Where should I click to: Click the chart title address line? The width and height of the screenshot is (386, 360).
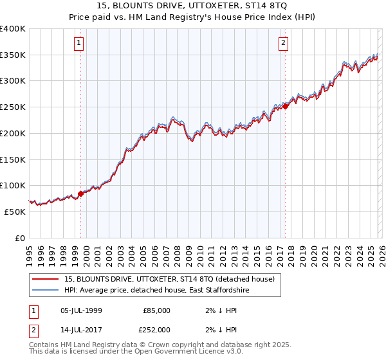point(193,6)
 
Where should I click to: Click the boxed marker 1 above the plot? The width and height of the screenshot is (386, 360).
point(78,44)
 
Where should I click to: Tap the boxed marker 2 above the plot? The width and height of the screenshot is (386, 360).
point(283,44)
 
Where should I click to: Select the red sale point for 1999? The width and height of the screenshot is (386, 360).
point(80,193)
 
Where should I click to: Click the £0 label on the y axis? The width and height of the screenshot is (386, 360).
point(19,238)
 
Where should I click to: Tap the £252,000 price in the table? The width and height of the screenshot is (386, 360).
point(156,330)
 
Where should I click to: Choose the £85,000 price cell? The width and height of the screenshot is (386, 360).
point(156,310)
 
